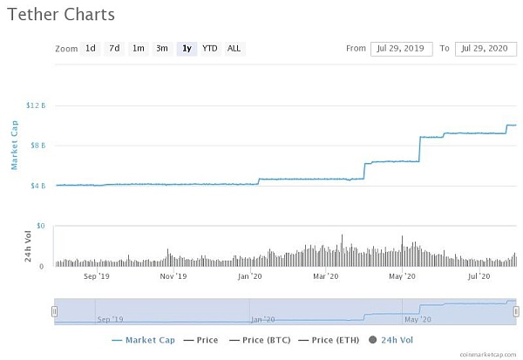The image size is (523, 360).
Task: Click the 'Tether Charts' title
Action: coord(59,15)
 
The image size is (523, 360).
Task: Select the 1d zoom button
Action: coord(91,48)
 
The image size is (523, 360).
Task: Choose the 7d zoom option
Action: coord(114,48)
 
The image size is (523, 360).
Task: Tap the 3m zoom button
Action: coord(162,48)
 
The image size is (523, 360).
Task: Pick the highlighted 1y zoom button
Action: coord(186,48)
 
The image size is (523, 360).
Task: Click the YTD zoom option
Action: coord(210,48)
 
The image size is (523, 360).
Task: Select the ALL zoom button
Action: coord(234,48)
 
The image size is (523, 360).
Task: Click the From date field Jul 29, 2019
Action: coord(402,48)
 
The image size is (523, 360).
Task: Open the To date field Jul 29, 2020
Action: coord(486,48)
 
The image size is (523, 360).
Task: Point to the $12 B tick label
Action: coord(36,105)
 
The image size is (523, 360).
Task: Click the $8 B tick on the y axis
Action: coord(38,146)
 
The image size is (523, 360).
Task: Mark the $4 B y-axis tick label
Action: coord(38,186)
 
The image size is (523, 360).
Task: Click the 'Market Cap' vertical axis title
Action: coord(15,146)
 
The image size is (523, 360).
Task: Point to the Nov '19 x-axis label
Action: coord(173,276)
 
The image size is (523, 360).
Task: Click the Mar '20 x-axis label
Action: coord(326,276)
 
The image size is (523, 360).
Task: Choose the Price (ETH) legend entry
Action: coord(330,339)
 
